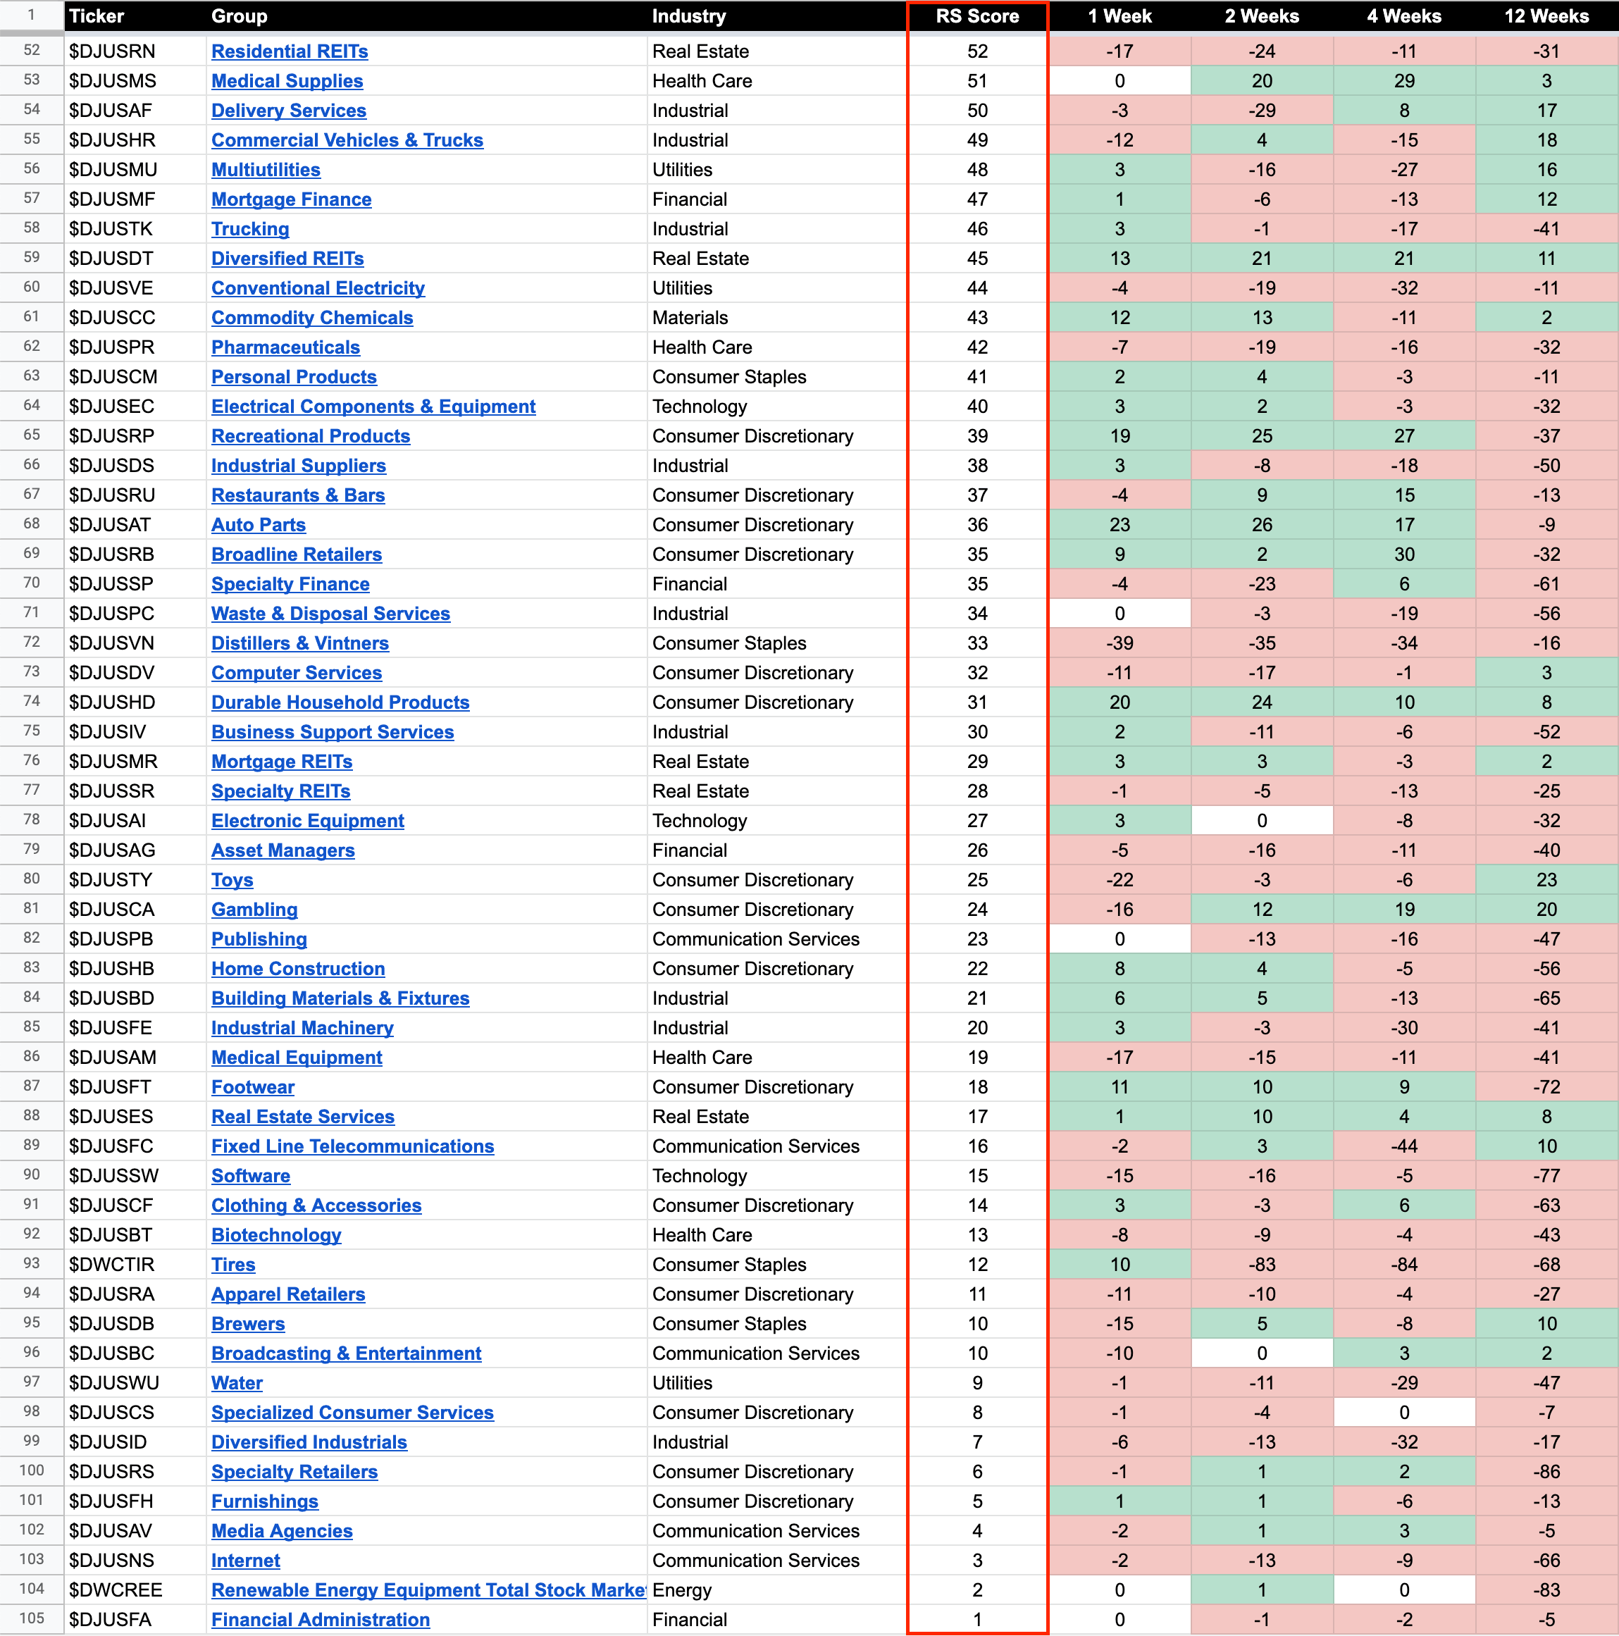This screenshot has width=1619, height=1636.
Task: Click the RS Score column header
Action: click(x=977, y=16)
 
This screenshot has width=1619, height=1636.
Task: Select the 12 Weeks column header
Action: click(x=1546, y=16)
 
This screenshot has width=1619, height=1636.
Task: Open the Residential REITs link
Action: click(x=290, y=51)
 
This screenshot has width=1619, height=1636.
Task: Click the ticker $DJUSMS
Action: click(x=113, y=81)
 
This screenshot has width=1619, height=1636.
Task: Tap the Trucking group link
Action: click(x=250, y=229)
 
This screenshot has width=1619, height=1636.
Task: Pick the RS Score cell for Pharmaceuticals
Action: click(x=977, y=347)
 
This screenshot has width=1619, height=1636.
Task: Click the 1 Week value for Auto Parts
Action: click(x=1119, y=525)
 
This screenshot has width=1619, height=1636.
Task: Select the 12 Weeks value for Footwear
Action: click(x=1546, y=1086)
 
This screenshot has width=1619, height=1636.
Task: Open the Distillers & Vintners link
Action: click(x=299, y=643)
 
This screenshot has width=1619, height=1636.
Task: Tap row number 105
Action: click(x=31, y=1618)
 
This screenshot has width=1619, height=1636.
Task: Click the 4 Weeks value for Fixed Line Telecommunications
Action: click(x=1404, y=1146)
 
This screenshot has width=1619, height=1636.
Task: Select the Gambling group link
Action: click(x=254, y=910)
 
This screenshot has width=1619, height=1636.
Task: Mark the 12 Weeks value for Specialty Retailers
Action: click(x=1546, y=1472)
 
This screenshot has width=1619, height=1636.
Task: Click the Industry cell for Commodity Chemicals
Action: click(x=690, y=318)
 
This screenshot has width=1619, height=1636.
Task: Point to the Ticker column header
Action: click(x=97, y=16)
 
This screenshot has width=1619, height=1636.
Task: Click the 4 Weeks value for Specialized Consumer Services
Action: click(x=1404, y=1413)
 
